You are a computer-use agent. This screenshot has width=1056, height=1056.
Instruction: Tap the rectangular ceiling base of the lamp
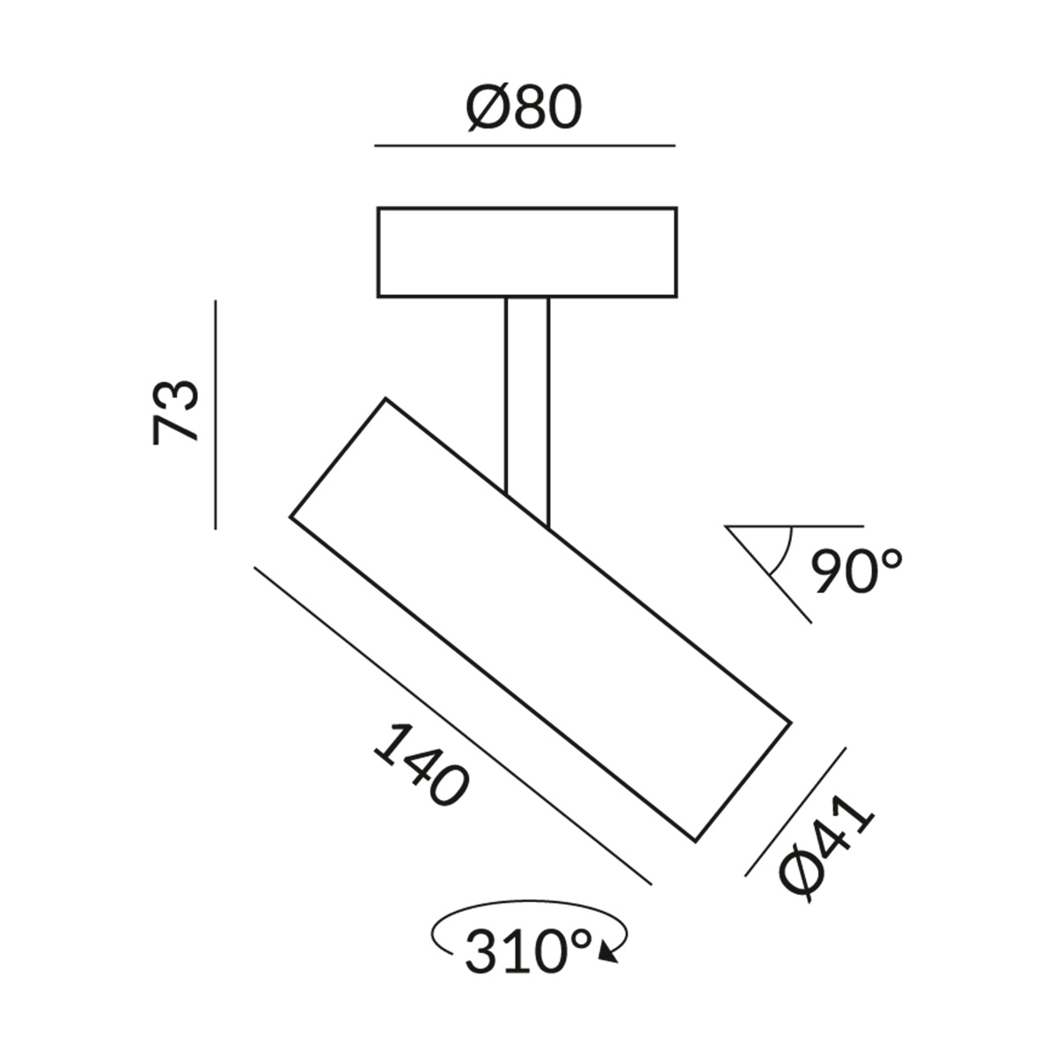click(526, 252)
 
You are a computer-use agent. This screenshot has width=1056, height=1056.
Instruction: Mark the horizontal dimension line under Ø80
click(524, 144)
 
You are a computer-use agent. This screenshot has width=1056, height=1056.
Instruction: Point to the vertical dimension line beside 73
click(216, 414)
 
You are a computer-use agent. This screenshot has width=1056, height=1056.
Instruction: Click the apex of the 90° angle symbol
click(727, 528)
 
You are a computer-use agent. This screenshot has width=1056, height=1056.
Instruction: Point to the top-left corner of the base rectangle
click(378, 209)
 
